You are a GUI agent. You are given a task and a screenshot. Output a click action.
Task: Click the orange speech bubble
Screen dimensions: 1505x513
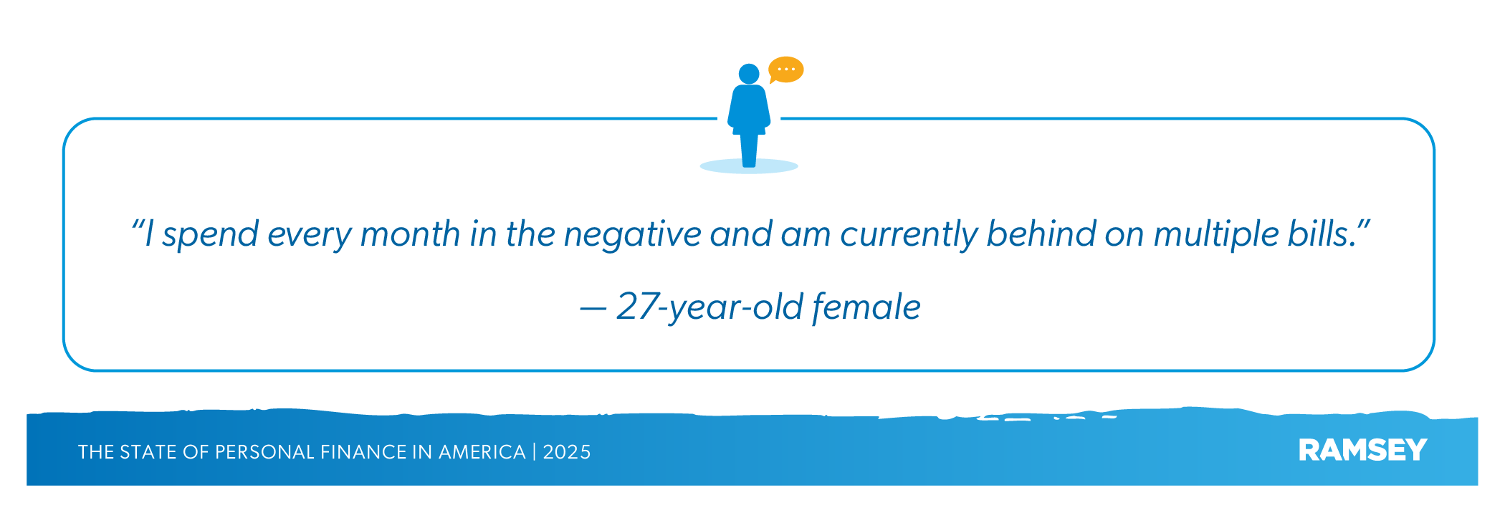(x=786, y=69)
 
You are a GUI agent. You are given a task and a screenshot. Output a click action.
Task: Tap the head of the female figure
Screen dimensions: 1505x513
(x=749, y=74)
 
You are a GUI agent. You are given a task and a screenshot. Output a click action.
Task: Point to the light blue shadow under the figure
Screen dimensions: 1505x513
(x=749, y=166)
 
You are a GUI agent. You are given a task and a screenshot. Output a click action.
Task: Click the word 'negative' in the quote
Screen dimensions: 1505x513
(x=632, y=235)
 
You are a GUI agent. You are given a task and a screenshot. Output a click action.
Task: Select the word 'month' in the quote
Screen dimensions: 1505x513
(x=410, y=234)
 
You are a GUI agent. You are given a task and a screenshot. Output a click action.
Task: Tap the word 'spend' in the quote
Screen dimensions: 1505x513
(x=210, y=235)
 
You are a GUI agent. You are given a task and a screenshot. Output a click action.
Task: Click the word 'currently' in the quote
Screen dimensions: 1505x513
(x=909, y=235)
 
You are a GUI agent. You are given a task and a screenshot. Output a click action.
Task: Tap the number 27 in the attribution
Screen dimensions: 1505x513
(x=637, y=306)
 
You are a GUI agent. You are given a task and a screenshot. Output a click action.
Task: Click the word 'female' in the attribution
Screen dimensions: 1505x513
(x=866, y=307)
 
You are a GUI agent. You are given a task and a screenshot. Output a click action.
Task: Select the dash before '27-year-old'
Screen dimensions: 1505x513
(x=593, y=309)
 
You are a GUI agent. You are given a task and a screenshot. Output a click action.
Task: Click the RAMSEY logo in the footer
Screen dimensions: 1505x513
(x=1362, y=450)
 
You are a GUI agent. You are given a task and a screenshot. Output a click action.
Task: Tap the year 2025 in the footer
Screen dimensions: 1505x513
(x=567, y=452)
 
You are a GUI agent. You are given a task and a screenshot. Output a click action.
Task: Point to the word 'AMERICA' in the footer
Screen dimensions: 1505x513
(x=482, y=452)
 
